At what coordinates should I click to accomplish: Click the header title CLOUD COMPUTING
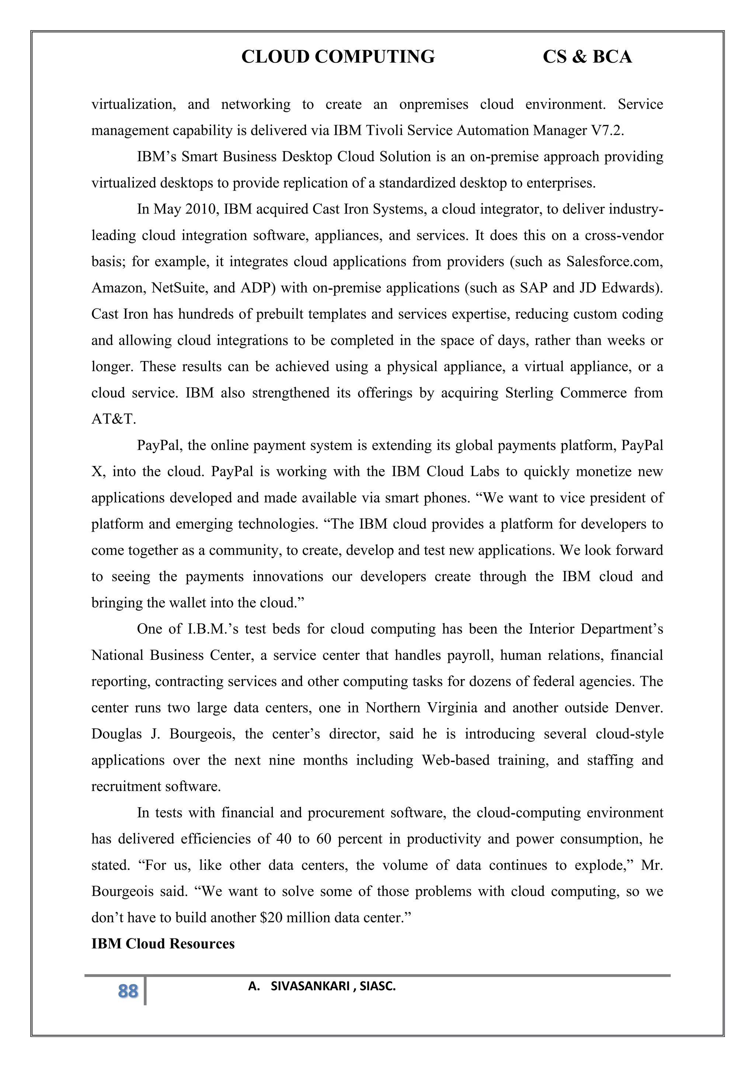pyautogui.click(x=338, y=57)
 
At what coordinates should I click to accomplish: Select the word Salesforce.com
pyautogui.click(x=614, y=262)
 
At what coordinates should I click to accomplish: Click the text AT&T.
pyautogui.click(x=114, y=419)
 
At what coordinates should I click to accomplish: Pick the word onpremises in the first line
pyautogui.click(x=433, y=104)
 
